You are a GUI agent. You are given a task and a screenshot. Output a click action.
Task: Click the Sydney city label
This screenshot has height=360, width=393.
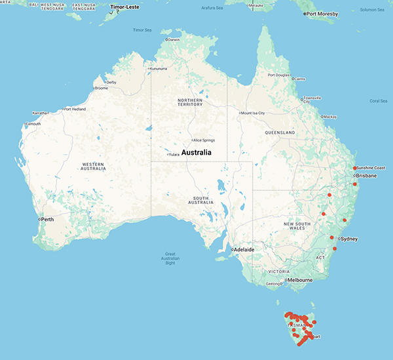(x=349, y=239)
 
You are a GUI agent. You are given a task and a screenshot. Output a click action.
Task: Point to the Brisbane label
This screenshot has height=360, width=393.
(x=365, y=176)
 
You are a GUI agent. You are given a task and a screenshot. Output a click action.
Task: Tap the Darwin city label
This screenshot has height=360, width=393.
(x=174, y=40)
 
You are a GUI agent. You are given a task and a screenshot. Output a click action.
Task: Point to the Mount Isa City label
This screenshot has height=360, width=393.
(x=254, y=113)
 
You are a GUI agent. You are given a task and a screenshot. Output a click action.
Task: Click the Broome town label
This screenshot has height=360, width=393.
(x=102, y=88)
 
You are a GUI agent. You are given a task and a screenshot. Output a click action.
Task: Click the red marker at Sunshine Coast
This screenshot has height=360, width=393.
(x=354, y=169)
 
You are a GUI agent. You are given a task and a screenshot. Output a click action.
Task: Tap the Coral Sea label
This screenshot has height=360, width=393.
(x=379, y=100)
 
